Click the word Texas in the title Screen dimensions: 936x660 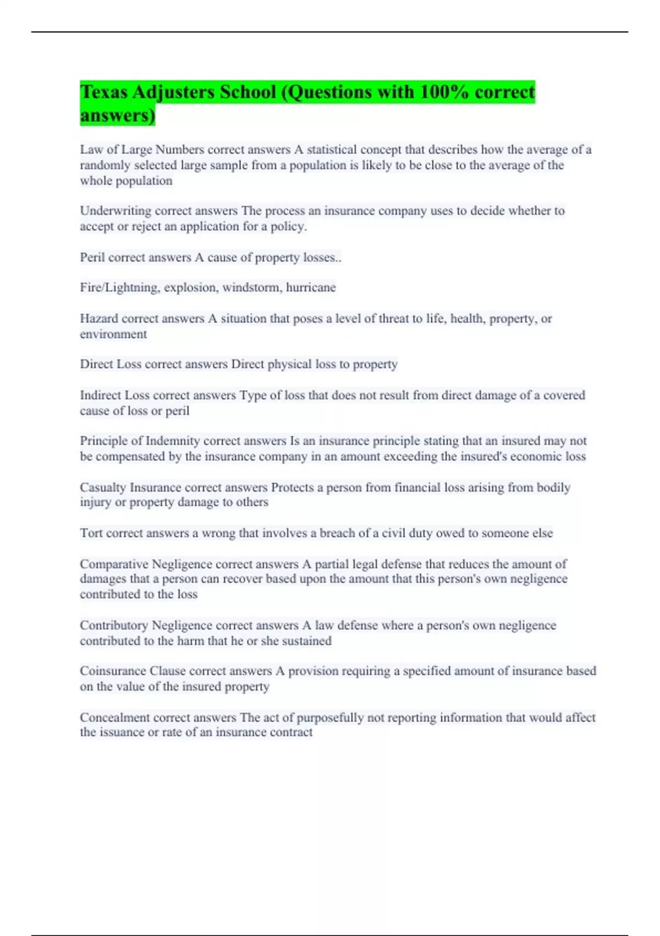point(104,92)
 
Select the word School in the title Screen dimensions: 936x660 point(248,92)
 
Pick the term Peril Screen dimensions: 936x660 point(92,258)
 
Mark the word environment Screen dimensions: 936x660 point(113,334)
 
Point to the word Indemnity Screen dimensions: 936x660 point(173,441)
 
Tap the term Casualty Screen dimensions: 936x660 point(103,487)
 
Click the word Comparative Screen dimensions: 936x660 point(114,564)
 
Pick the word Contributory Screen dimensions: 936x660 point(114,625)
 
